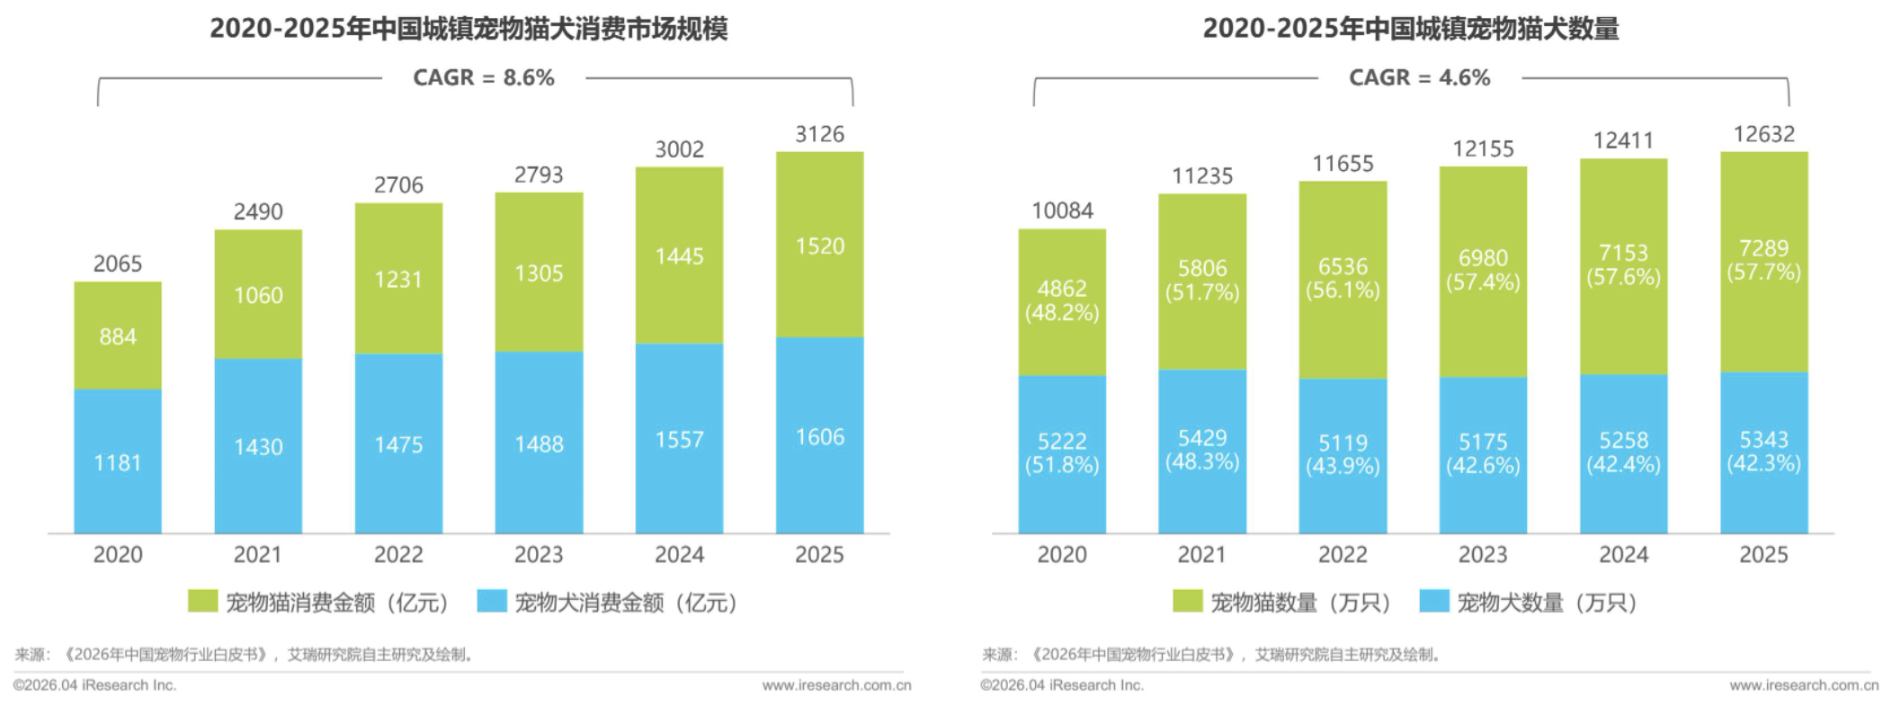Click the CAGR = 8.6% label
point(483,78)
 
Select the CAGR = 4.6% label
point(1419,78)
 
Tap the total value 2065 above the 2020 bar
point(118,264)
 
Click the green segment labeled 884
point(118,336)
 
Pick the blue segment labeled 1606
point(819,436)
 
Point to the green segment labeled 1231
point(398,279)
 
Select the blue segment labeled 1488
point(539,443)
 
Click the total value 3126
point(819,135)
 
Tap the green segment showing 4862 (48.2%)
point(1062,300)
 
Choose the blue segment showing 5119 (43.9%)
point(1343,454)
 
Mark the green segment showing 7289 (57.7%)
point(1763,260)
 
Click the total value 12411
point(1623,141)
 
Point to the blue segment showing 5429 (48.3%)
point(1202,450)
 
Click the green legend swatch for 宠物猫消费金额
point(202,601)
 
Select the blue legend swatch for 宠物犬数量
point(1434,601)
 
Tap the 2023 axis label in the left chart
point(539,555)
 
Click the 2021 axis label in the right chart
point(1202,555)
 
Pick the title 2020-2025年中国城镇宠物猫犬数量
point(1411,29)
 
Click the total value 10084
point(1062,211)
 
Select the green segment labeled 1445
point(679,256)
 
